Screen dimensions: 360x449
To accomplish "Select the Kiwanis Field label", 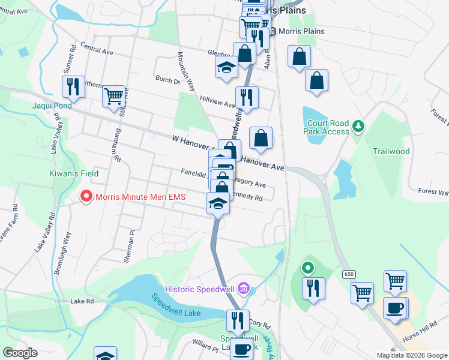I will pyautogui.click(x=73, y=173).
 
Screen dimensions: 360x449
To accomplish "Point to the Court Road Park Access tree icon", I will pyautogui.click(x=358, y=126).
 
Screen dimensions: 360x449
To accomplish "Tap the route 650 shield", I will pyautogui.click(x=349, y=274).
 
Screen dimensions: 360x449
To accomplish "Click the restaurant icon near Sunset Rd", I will pyautogui.click(x=73, y=86).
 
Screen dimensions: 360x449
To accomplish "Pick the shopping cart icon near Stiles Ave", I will pyautogui.click(x=113, y=95).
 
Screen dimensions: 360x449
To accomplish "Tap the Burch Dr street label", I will pyautogui.click(x=167, y=79).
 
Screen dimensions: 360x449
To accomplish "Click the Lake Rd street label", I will pyautogui.click(x=82, y=301).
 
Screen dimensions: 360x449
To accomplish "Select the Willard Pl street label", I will pyautogui.click(x=205, y=347).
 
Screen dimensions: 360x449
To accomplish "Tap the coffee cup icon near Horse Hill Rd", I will pyautogui.click(x=394, y=308).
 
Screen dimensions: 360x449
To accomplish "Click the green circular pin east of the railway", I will pyautogui.click(x=308, y=268).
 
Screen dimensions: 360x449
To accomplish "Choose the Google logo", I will pyautogui.click(x=20, y=353).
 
